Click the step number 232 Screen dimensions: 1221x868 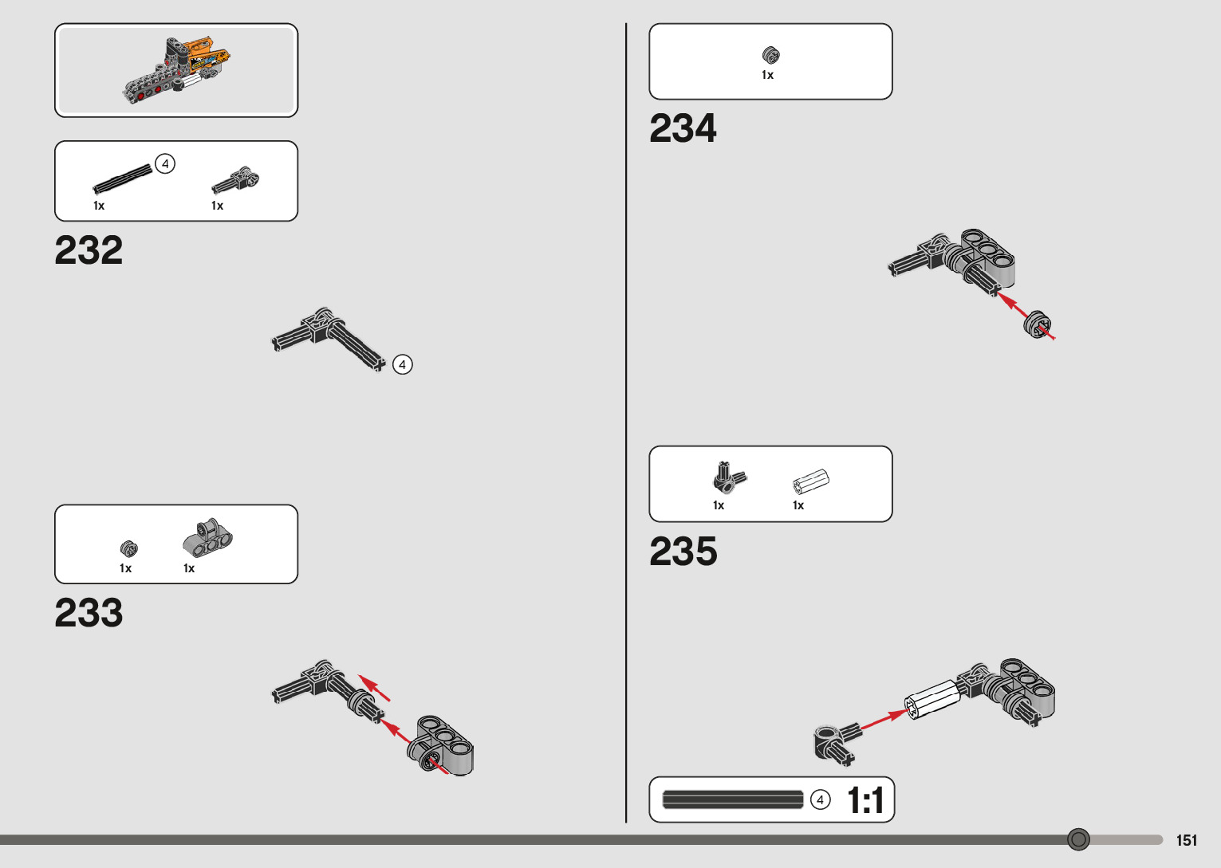click(x=89, y=250)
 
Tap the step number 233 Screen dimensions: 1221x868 click(x=89, y=613)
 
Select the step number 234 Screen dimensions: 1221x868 click(x=683, y=128)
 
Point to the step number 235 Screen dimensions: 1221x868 click(x=683, y=552)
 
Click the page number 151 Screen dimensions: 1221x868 click(x=1186, y=840)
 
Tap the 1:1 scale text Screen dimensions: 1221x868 click(x=865, y=800)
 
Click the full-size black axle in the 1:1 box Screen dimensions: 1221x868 click(x=733, y=799)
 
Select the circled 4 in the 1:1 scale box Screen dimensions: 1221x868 click(x=820, y=799)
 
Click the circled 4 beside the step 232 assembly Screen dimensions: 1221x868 click(x=403, y=364)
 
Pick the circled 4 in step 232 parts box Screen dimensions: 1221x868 click(x=165, y=164)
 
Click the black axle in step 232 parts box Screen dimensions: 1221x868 click(x=122, y=179)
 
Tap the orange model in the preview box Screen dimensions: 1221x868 click(x=178, y=70)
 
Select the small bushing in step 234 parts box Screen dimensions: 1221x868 click(x=770, y=55)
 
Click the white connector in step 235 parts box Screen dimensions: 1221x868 click(x=811, y=481)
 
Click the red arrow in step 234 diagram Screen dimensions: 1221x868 click(x=1014, y=305)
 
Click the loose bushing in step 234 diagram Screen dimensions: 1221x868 click(x=1037, y=324)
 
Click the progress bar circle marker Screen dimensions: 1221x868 click(x=1078, y=839)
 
